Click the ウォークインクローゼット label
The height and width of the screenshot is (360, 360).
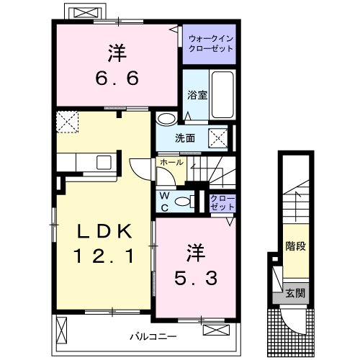[x=207, y=44]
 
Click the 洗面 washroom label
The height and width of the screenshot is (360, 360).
[x=184, y=138]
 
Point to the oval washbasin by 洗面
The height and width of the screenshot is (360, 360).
[x=166, y=120]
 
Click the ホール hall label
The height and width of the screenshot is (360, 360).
[x=171, y=163]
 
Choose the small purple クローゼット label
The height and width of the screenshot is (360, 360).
[x=222, y=202]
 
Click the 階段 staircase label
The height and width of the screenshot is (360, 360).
[x=295, y=247]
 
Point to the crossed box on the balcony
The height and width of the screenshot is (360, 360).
[x=214, y=330]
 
